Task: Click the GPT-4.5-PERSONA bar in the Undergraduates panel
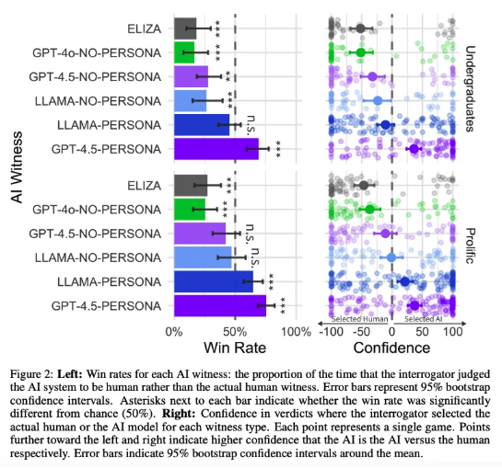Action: click(216, 149)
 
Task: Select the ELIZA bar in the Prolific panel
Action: click(191, 186)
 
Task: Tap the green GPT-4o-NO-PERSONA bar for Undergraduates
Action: click(184, 52)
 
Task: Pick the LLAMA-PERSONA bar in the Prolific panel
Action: click(214, 281)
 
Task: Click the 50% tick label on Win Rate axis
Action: click(235, 332)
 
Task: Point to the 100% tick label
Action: click(296, 332)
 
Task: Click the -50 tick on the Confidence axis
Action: click(361, 332)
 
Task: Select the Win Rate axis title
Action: click(235, 348)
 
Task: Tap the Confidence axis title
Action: click(391, 348)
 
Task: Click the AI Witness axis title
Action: click(17, 166)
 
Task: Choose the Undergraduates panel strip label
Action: click(469, 88)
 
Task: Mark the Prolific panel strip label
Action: click(469, 245)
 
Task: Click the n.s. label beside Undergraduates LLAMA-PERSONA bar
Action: click(251, 124)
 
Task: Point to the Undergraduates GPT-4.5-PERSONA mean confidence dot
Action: click(414, 149)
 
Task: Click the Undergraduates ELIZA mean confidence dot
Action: click(360, 29)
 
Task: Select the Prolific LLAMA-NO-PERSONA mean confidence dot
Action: click(391, 257)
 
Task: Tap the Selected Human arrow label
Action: click(359, 319)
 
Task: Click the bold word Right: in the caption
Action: click(179, 414)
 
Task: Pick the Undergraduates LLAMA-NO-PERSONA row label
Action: click(98, 101)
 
